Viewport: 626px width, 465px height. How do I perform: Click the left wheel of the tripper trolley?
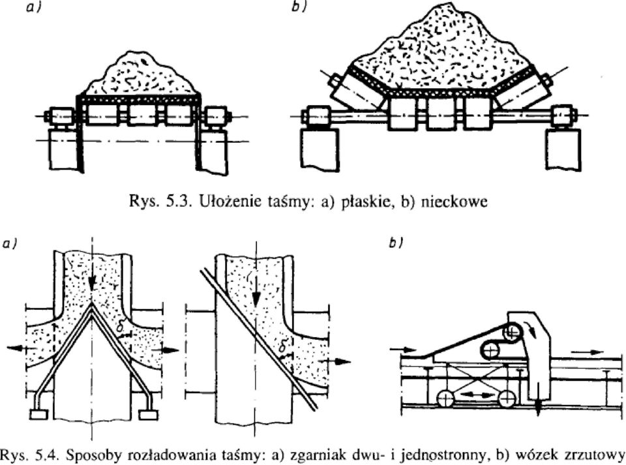[x=445, y=398]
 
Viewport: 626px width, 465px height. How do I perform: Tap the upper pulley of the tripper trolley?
[x=511, y=332]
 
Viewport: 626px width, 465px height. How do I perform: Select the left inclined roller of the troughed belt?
[x=353, y=92]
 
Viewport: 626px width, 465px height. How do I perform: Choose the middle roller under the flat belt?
[x=143, y=115]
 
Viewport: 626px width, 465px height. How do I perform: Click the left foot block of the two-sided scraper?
[x=38, y=415]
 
